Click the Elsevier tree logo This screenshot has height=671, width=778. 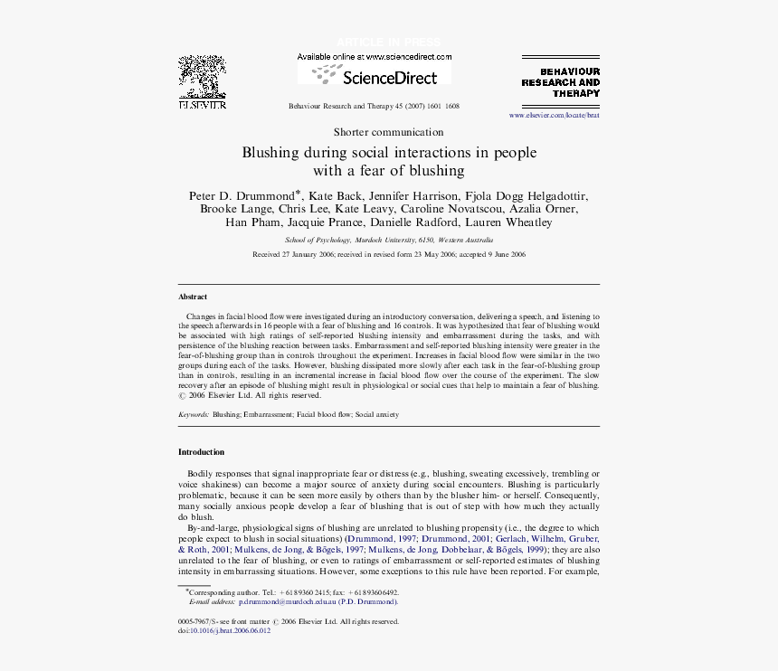pyautogui.click(x=202, y=79)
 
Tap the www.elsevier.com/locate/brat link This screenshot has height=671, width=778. pyautogui.click(x=554, y=116)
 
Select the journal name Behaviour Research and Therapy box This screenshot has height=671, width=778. pyautogui.click(x=560, y=81)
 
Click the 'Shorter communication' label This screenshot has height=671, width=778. pyautogui.click(x=388, y=132)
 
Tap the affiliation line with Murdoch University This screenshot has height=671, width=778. pyautogui.click(x=388, y=241)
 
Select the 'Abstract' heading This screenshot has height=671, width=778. pyautogui.click(x=193, y=297)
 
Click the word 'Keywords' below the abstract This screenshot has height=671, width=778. pyautogui.click(x=194, y=414)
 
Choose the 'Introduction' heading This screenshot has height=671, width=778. pyautogui.click(x=201, y=452)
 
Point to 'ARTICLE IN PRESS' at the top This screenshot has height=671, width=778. pyautogui.click(x=388, y=43)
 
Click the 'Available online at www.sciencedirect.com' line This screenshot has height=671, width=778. pyautogui.click(x=374, y=56)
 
